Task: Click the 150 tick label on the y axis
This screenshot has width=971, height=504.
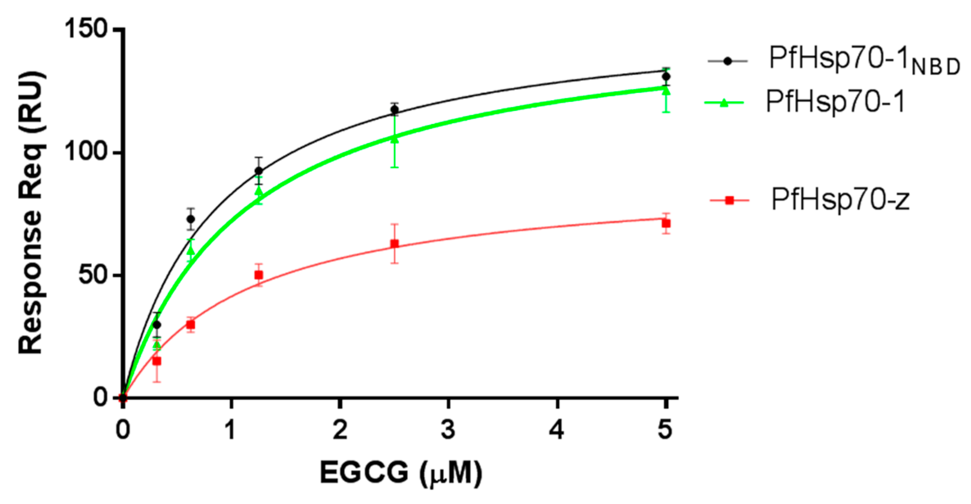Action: [x=85, y=29]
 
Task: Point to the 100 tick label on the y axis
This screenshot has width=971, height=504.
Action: [x=85, y=152]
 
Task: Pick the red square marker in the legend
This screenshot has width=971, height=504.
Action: [x=729, y=200]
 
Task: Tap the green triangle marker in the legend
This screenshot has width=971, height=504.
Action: [x=724, y=103]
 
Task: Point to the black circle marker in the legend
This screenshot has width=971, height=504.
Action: [x=727, y=61]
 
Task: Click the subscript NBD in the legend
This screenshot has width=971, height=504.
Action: [x=936, y=68]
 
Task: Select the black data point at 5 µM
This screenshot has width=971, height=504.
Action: [x=666, y=76]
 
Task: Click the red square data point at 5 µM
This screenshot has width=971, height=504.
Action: [x=666, y=224]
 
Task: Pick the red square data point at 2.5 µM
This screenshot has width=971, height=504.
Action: [x=395, y=244]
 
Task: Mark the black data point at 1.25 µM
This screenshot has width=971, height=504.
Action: [x=259, y=171]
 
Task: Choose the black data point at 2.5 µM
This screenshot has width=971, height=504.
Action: [x=395, y=110]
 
